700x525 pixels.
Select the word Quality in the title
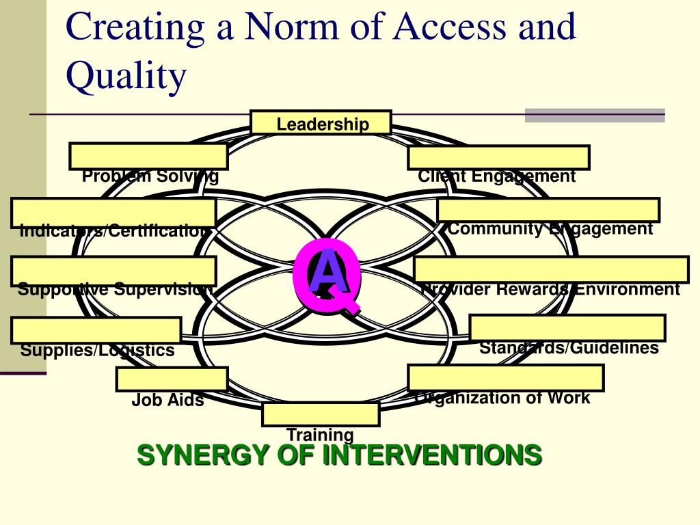tap(126, 75)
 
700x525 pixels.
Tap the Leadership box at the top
tap(321, 123)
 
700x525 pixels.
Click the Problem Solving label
tap(150, 176)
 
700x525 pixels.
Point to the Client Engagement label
tap(497, 176)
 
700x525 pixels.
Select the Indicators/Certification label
tap(113, 231)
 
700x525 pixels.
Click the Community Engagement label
tap(550, 229)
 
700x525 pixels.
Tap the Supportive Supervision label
tap(115, 289)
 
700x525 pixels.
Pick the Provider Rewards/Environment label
tap(551, 290)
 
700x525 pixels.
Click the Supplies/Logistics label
tap(97, 351)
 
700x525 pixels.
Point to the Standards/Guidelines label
tap(569, 348)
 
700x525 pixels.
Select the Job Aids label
tap(167, 401)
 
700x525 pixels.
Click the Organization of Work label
tap(502, 398)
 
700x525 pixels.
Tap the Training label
tap(320, 434)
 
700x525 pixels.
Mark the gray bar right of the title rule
tap(595, 115)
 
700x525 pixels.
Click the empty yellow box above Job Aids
tap(172, 379)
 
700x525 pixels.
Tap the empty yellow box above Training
tap(321, 414)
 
